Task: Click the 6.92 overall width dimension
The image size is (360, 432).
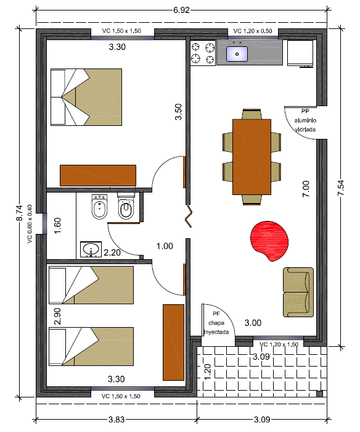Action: [181, 10]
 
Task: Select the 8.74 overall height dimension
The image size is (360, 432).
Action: [19, 213]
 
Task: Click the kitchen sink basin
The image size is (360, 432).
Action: [237, 54]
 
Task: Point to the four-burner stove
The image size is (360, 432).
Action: [203, 52]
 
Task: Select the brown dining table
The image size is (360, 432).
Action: [252, 157]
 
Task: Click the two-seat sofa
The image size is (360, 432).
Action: [298, 292]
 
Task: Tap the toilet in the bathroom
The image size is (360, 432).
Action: [126, 206]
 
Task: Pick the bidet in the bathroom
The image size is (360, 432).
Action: [99, 207]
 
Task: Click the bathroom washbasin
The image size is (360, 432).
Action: [91, 249]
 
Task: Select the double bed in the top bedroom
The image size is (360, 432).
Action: [86, 97]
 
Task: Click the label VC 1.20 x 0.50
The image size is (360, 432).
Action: [253, 31]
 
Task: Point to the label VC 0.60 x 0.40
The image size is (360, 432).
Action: [30, 223]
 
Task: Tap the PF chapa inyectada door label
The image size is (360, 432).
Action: [216, 323]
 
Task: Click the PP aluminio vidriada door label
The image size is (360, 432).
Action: [305, 120]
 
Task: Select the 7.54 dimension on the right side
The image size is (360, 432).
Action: [341, 188]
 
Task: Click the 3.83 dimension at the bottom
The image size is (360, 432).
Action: [117, 420]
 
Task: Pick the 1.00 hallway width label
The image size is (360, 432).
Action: [165, 246]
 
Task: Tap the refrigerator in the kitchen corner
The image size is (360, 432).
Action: [300, 53]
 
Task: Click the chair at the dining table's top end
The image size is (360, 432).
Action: [252, 114]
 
